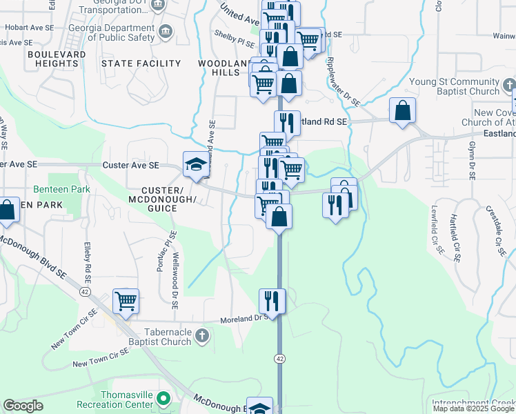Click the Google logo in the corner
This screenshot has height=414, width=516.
click(x=23, y=406)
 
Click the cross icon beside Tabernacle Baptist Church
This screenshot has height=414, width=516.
click(x=201, y=336)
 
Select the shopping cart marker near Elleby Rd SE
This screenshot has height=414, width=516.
click(x=126, y=300)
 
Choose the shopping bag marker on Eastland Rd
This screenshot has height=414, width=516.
click(x=402, y=110)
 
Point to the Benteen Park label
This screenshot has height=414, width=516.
click(x=52, y=189)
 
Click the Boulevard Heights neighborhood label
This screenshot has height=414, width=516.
click(x=57, y=59)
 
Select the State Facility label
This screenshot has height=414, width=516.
click(x=141, y=63)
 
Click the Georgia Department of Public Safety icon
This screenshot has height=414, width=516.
click(x=166, y=31)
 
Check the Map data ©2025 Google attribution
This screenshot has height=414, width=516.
click(x=474, y=408)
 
